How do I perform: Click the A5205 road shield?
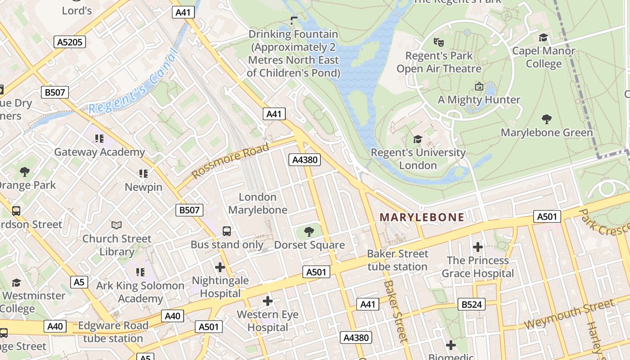click(70, 42)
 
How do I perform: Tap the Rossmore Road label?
click(230, 161)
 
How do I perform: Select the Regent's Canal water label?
click(130, 84)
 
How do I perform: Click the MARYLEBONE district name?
click(422, 217)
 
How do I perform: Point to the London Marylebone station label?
click(257, 203)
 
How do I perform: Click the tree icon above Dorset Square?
click(309, 232)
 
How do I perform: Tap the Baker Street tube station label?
click(398, 260)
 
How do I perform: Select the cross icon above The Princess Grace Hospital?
click(478, 247)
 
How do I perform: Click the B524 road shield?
click(472, 305)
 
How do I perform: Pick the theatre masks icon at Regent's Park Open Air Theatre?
click(439, 42)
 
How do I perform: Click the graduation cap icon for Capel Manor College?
click(544, 37)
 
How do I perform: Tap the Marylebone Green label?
click(547, 133)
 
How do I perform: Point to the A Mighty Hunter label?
click(479, 100)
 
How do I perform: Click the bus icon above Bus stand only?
click(227, 231)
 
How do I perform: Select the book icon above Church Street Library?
click(117, 225)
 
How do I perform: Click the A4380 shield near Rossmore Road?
click(305, 160)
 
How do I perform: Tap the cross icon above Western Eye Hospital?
click(268, 301)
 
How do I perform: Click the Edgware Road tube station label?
click(113, 332)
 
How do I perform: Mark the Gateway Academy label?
click(99, 152)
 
